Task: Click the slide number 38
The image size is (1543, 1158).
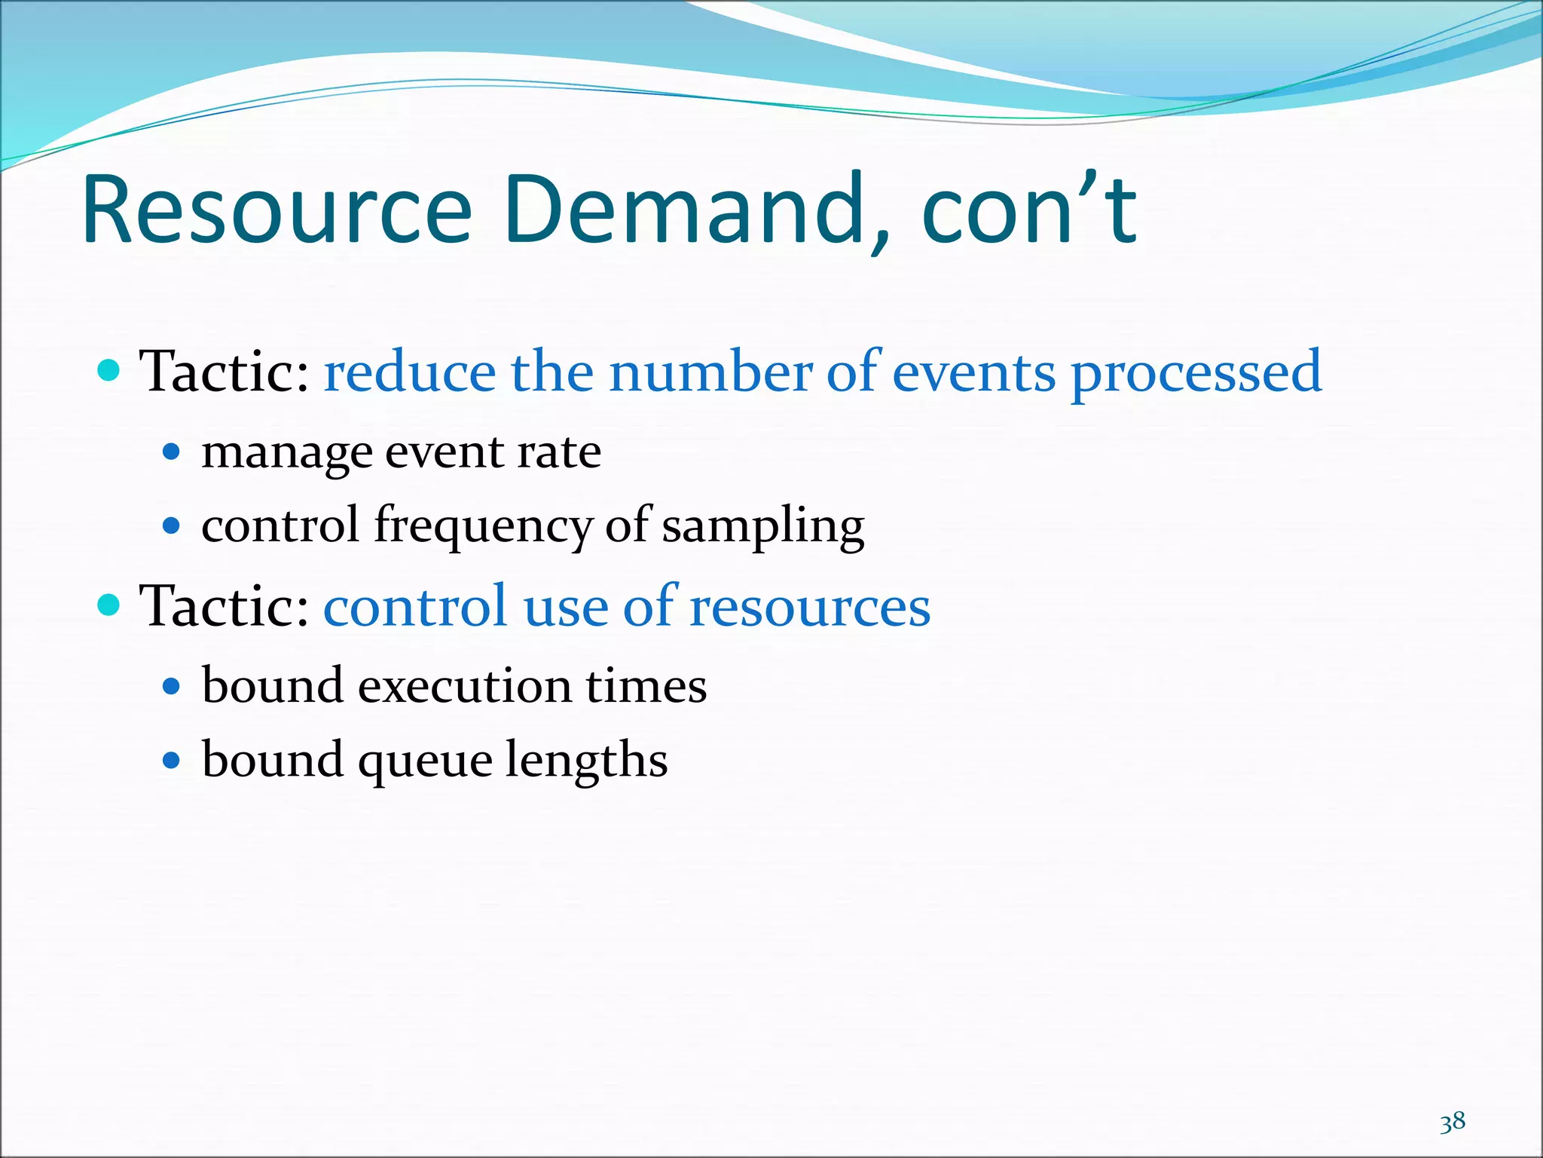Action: [1452, 1123]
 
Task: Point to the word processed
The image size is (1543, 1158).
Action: [1196, 373]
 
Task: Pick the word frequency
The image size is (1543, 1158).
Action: [483, 527]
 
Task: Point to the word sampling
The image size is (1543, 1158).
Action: [762, 527]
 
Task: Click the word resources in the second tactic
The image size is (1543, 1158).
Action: [810, 607]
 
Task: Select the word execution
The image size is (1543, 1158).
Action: [464, 686]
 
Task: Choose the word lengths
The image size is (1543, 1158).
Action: [586, 760]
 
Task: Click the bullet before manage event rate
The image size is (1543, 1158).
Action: [172, 452]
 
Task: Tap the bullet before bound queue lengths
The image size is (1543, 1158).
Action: [172, 760]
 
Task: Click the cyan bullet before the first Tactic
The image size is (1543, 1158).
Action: [109, 372]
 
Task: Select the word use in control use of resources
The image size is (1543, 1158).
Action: [565, 607]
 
